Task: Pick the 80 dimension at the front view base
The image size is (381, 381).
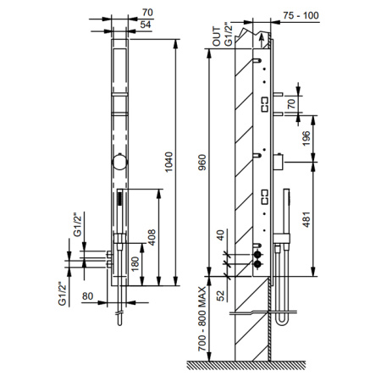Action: pyautogui.click(x=87, y=296)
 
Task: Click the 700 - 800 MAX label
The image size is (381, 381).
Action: pyautogui.click(x=201, y=318)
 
